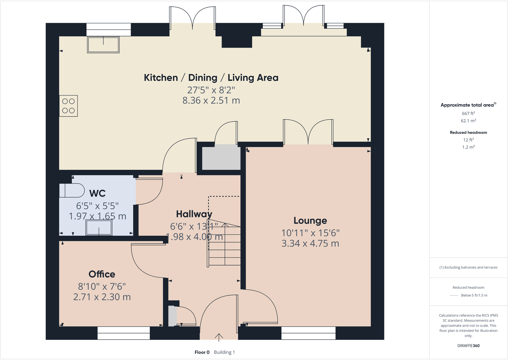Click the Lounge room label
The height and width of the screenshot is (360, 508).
coord(310,220)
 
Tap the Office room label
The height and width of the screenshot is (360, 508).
coord(102,274)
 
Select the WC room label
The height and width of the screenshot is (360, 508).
coord(97,193)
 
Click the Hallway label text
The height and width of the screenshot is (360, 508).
coord(194,214)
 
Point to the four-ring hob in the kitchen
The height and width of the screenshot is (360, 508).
coord(68,106)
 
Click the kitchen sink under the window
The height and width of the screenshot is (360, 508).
coord(103,45)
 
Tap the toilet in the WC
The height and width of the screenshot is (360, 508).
coord(72,191)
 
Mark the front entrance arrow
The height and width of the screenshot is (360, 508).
coord(219,337)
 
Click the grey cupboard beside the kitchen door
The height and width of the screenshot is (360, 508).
coord(221,157)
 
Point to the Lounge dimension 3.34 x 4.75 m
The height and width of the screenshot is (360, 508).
coord(310,243)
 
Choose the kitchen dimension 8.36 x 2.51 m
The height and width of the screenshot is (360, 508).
coord(211,101)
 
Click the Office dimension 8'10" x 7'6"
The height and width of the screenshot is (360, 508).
coord(102,287)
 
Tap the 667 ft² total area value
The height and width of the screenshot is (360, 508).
coord(468,113)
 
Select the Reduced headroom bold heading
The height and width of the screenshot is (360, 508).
coord(468,132)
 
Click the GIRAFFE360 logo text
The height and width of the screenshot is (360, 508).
coord(468,346)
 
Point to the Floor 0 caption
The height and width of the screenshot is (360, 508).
coord(202,352)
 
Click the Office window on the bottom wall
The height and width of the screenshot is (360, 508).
coord(123,333)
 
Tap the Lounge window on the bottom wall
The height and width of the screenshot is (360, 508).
coord(308,333)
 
